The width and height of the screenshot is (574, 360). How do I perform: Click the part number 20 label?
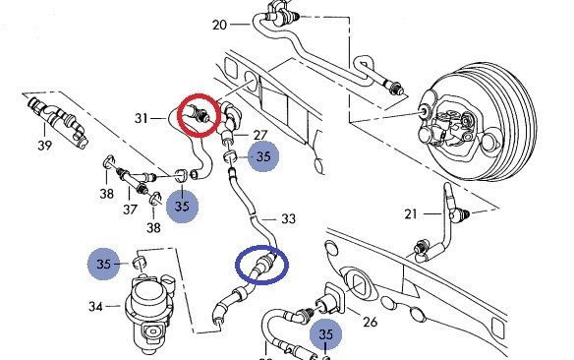click(219, 25)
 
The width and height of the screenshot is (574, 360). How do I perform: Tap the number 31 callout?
click(142, 118)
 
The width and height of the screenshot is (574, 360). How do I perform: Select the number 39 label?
click(44, 146)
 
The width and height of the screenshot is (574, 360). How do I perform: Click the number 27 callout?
click(259, 135)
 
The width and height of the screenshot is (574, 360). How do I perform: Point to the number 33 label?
click(288, 219)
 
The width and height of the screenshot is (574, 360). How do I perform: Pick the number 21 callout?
click(411, 213)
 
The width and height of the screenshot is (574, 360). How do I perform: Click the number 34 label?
click(95, 306)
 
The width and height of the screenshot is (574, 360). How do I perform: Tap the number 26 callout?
click(371, 322)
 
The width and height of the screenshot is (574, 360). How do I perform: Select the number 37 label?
click(130, 210)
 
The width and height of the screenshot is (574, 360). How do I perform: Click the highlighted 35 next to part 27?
click(263, 156)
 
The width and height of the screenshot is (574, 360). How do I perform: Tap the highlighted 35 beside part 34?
click(103, 264)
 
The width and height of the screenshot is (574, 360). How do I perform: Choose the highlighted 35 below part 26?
click(325, 333)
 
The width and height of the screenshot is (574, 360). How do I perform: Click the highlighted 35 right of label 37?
click(182, 207)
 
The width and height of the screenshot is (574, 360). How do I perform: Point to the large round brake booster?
click(477, 124)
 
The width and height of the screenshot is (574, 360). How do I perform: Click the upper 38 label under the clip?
click(106, 193)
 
